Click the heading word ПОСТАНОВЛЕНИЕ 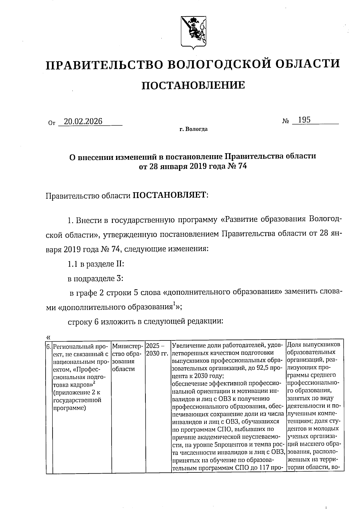tap(193, 85)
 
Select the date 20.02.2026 tap(83, 121)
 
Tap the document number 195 tap(304, 120)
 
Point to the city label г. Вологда tap(193, 130)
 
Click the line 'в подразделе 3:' tap(95, 279)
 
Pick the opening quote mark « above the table tap(49, 337)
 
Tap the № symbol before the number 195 tap(285, 121)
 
